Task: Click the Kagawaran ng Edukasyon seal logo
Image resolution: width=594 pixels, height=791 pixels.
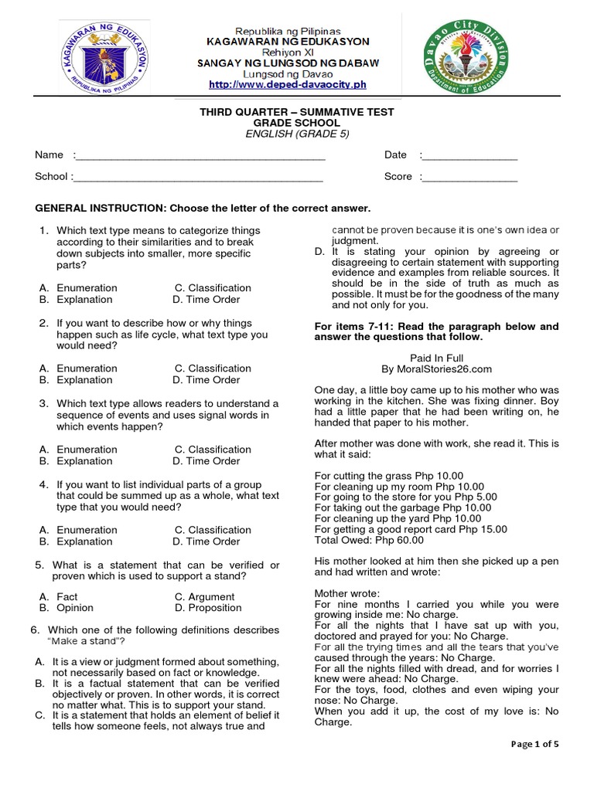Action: [x=107, y=60]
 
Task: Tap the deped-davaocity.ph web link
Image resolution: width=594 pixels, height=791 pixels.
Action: [x=287, y=83]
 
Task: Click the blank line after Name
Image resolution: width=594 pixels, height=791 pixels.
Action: [x=200, y=157]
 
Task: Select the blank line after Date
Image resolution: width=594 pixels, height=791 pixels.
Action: [x=469, y=157]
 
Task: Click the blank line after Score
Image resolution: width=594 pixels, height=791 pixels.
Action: [x=469, y=178]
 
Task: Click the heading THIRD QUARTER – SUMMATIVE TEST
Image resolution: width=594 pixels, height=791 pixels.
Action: [x=297, y=112]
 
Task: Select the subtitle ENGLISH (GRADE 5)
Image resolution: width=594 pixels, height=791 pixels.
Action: [x=297, y=134]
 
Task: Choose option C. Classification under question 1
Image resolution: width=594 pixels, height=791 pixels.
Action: [x=213, y=288]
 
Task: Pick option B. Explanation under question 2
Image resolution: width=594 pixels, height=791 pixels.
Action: [x=76, y=380]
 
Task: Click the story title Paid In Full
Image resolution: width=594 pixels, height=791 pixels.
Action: [x=436, y=358]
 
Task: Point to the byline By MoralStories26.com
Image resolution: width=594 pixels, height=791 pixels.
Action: [x=436, y=369]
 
